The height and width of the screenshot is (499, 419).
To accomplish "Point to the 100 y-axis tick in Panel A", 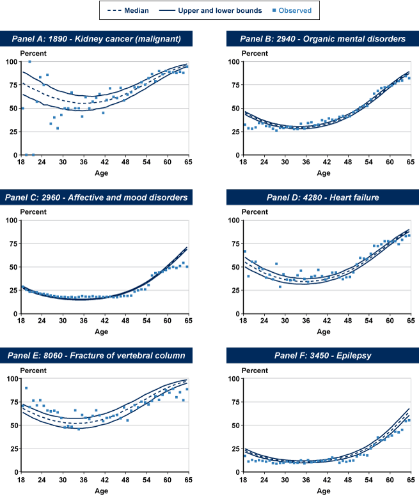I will (12, 61).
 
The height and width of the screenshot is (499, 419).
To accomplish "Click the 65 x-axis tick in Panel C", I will (188, 321).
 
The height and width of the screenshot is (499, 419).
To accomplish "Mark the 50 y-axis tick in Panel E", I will (13, 425).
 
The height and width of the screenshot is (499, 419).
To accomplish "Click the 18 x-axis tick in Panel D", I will (242, 321).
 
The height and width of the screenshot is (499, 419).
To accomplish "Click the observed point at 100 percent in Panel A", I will (29, 61).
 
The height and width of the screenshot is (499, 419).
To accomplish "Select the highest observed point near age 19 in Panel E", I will (26, 388).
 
